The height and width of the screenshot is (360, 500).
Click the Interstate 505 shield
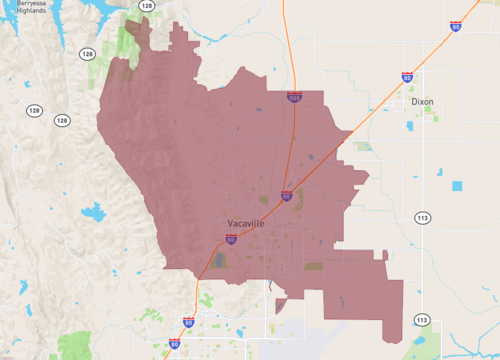294,97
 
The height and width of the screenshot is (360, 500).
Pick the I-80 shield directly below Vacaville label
231,239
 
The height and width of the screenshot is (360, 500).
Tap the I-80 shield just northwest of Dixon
407,77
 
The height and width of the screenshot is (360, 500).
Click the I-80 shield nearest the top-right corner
456,27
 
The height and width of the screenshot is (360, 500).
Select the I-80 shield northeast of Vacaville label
286,196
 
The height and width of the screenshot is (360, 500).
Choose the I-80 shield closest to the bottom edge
174,343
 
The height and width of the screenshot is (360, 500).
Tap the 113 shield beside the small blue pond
421,320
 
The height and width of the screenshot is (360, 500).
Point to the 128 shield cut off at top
147,5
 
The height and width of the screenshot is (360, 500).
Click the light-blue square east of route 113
458,186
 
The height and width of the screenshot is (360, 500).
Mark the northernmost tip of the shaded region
139,15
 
